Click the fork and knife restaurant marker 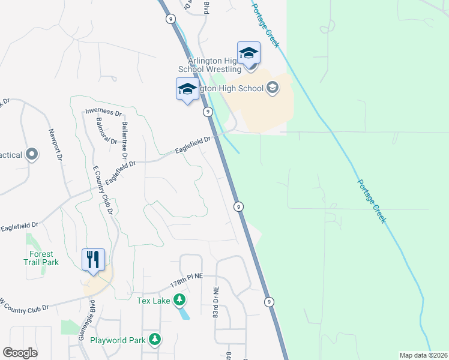pyautogui.click(x=93, y=259)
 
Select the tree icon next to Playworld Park pyautogui.click(x=155, y=340)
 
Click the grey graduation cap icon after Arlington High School pyautogui.click(x=273, y=89)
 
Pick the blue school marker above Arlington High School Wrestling pyautogui.click(x=249, y=53)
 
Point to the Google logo pyautogui.click(x=20, y=353)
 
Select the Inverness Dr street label pyautogui.click(x=103, y=111)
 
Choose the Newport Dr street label pyautogui.click(x=56, y=145)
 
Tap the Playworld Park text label pyautogui.click(x=118, y=340)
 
